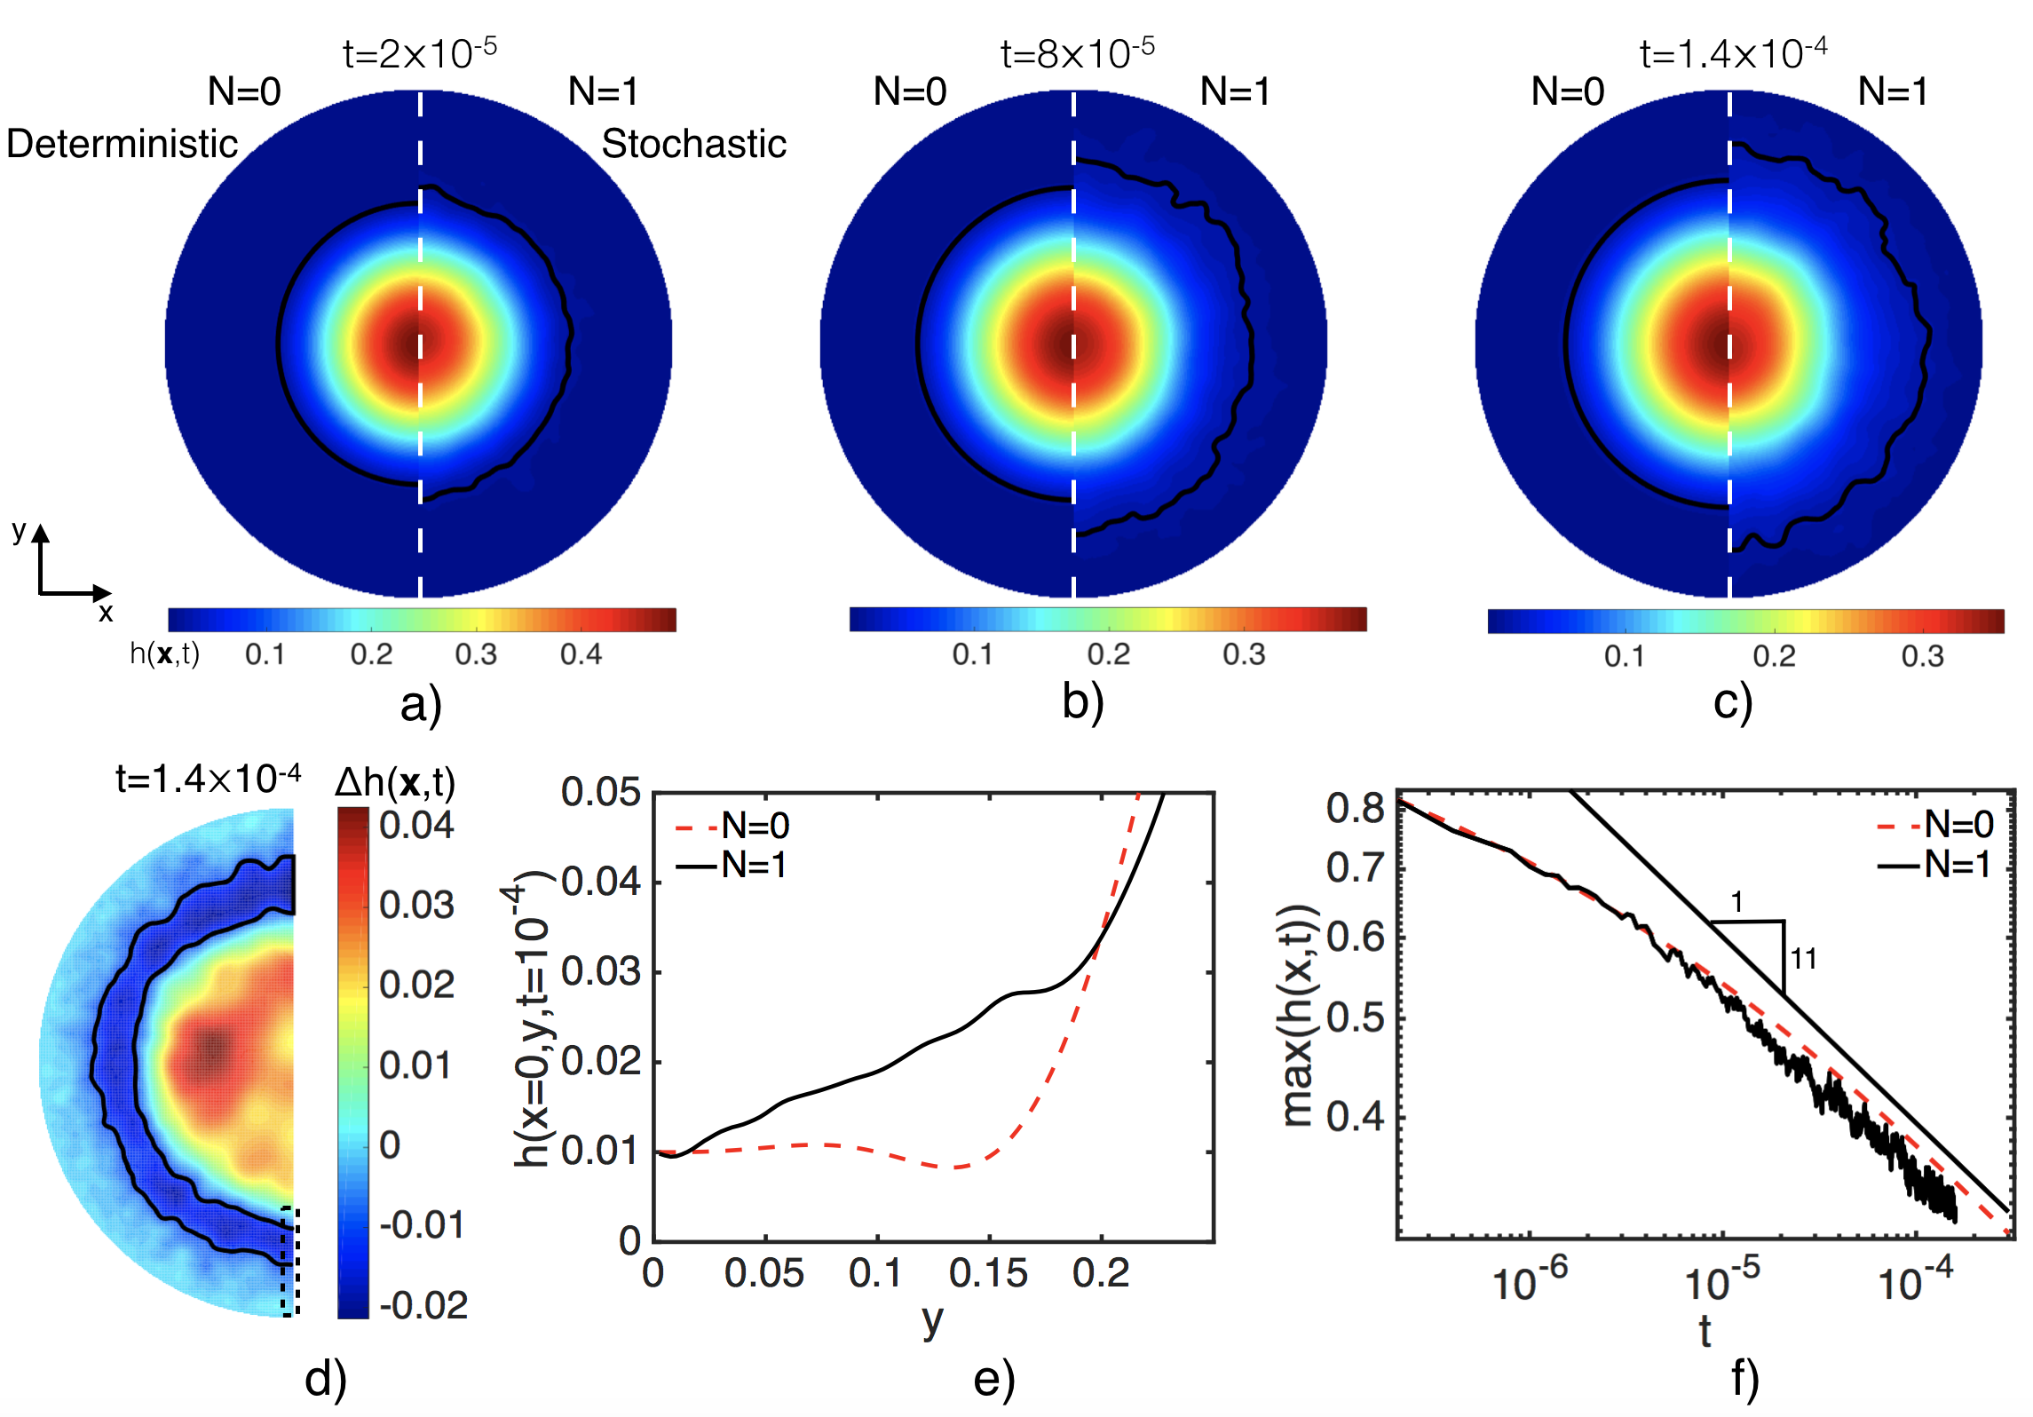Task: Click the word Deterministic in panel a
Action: (x=123, y=144)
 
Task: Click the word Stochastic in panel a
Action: (x=694, y=144)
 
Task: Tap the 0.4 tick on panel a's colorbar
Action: (x=581, y=654)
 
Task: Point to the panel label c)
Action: (x=1732, y=702)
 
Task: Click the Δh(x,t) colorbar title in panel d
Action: (x=395, y=783)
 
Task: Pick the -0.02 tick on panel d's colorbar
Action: (x=423, y=1305)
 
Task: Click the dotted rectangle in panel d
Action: (x=290, y=1261)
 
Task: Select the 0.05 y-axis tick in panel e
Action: (x=601, y=792)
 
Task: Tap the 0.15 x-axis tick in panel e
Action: (x=988, y=1273)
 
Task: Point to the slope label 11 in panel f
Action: (x=1803, y=959)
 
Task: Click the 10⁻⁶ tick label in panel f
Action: (x=1529, y=1281)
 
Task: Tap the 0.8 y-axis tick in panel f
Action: (x=1355, y=808)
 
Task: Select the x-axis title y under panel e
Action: (x=931, y=1320)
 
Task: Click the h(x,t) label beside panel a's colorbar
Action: (x=165, y=654)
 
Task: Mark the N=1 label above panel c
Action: (x=1893, y=91)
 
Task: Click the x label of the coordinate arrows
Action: (x=106, y=613)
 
